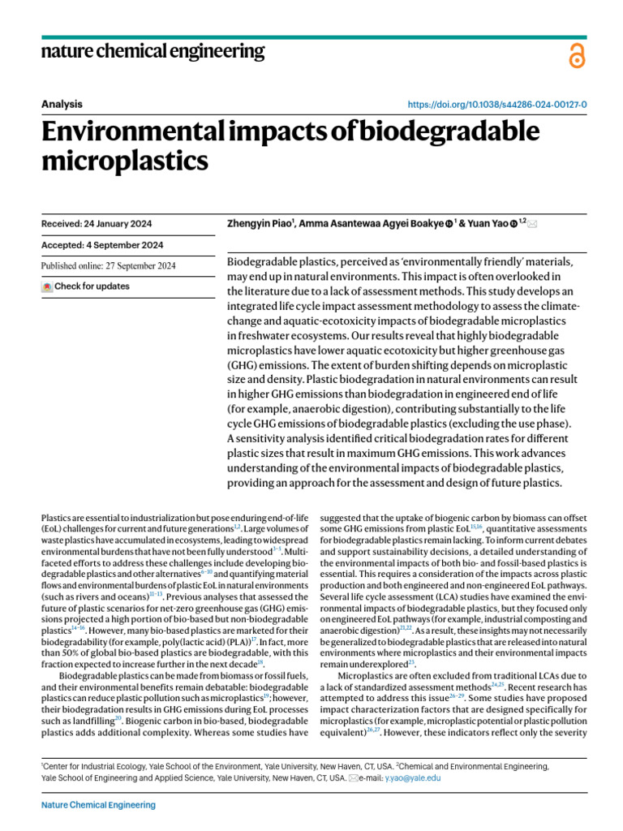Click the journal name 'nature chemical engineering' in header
coord(153,52)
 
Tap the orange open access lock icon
coord(576,55)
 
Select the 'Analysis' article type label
coord(61,104)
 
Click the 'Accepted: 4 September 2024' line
coord(101,245)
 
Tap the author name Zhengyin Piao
coord(258,223)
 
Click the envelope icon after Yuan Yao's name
coord(532,223)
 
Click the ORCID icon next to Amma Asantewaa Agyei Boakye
coord(449,224)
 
